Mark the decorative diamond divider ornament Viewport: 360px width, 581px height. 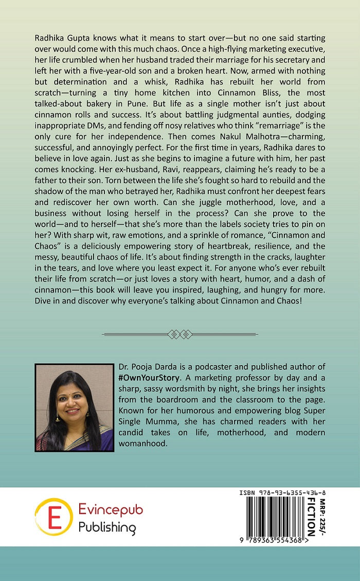point(180,334)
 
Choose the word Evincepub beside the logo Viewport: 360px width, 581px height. point(111,510)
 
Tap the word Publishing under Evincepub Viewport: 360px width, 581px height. point(107,527)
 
